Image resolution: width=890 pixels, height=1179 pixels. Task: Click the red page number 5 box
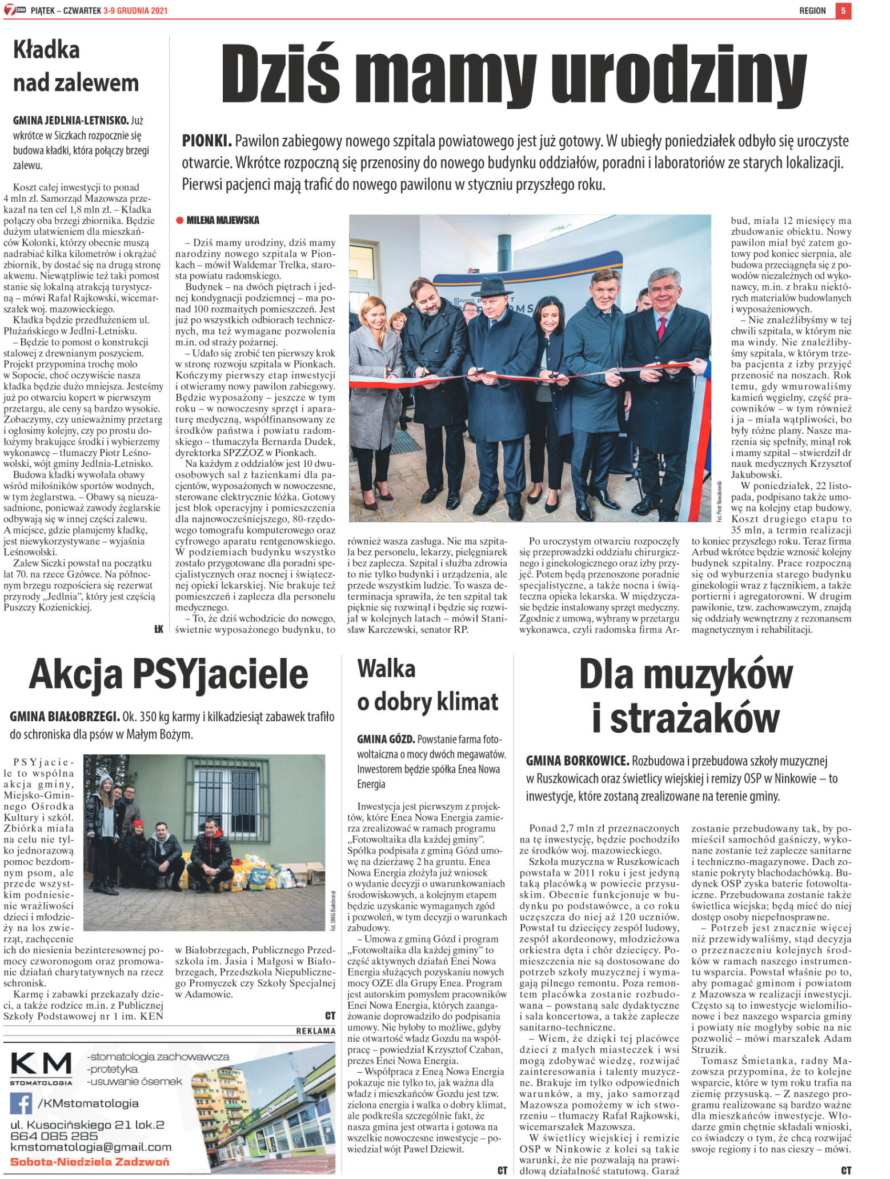pos(843,10)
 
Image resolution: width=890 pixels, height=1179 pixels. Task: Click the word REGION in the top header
pos(812,10)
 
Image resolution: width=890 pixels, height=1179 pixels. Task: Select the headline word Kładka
pos(46,50)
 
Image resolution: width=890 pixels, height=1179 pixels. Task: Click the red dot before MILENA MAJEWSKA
pos(179,220)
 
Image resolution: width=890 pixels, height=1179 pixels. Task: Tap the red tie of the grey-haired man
pos(662,329)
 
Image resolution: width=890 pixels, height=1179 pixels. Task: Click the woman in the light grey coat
pos(374,366)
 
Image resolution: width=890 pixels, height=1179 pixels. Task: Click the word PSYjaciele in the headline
pos(221,674)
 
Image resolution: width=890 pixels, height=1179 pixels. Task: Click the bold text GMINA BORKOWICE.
pos(577,761)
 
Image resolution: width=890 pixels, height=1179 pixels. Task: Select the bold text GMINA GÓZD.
pos(386,739)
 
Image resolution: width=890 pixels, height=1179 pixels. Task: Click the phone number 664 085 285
pos(54,1136)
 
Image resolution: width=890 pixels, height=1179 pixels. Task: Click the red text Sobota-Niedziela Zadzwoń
pos(90,1162)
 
